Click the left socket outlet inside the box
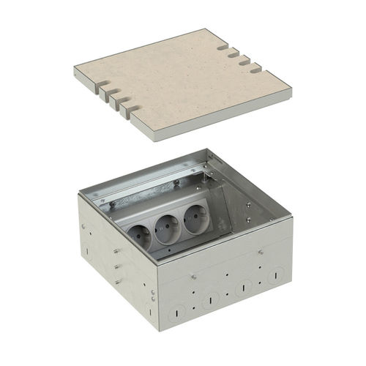tap(141, 234)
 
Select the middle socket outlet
tap(165, 225)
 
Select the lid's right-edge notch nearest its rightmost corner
tap(256, 70)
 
